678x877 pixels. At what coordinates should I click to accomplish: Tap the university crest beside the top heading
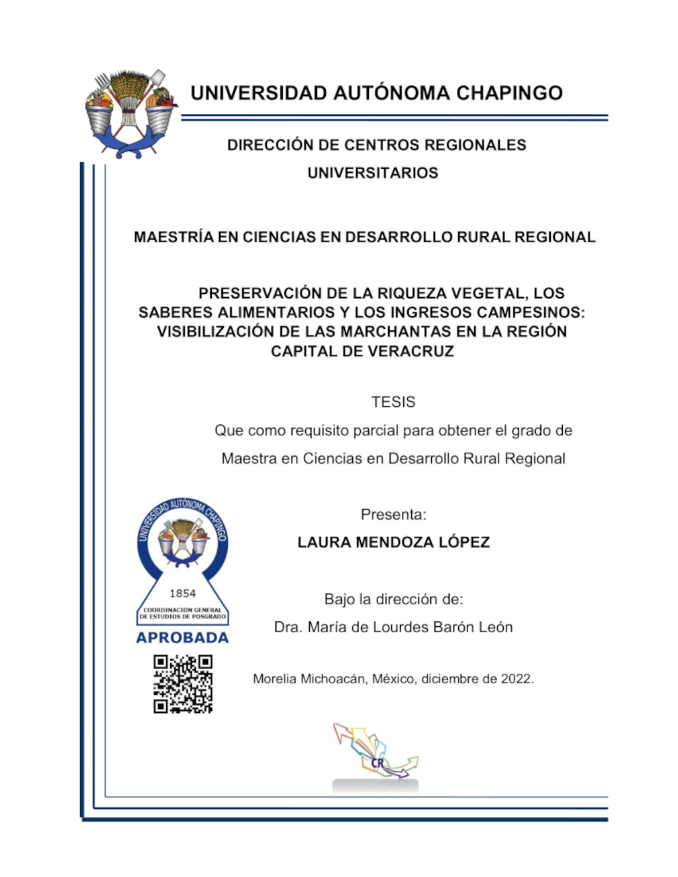[130, 113]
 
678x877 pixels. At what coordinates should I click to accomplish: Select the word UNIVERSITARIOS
[373, 173]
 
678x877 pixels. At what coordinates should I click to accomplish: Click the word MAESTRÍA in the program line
[173, 237]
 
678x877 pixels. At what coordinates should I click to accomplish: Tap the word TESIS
[393, 402]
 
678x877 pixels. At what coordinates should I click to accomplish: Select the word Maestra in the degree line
[248, 459]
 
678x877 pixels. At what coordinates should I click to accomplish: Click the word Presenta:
[393, 514]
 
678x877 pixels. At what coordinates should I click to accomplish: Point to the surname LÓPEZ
[464, 543]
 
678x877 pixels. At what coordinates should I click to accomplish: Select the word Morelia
[275, 679]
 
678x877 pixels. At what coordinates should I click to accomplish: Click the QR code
[183, 684]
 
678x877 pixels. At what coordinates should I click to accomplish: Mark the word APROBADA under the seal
[182, 638]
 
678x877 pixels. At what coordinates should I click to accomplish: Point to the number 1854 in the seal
[183, 594]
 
